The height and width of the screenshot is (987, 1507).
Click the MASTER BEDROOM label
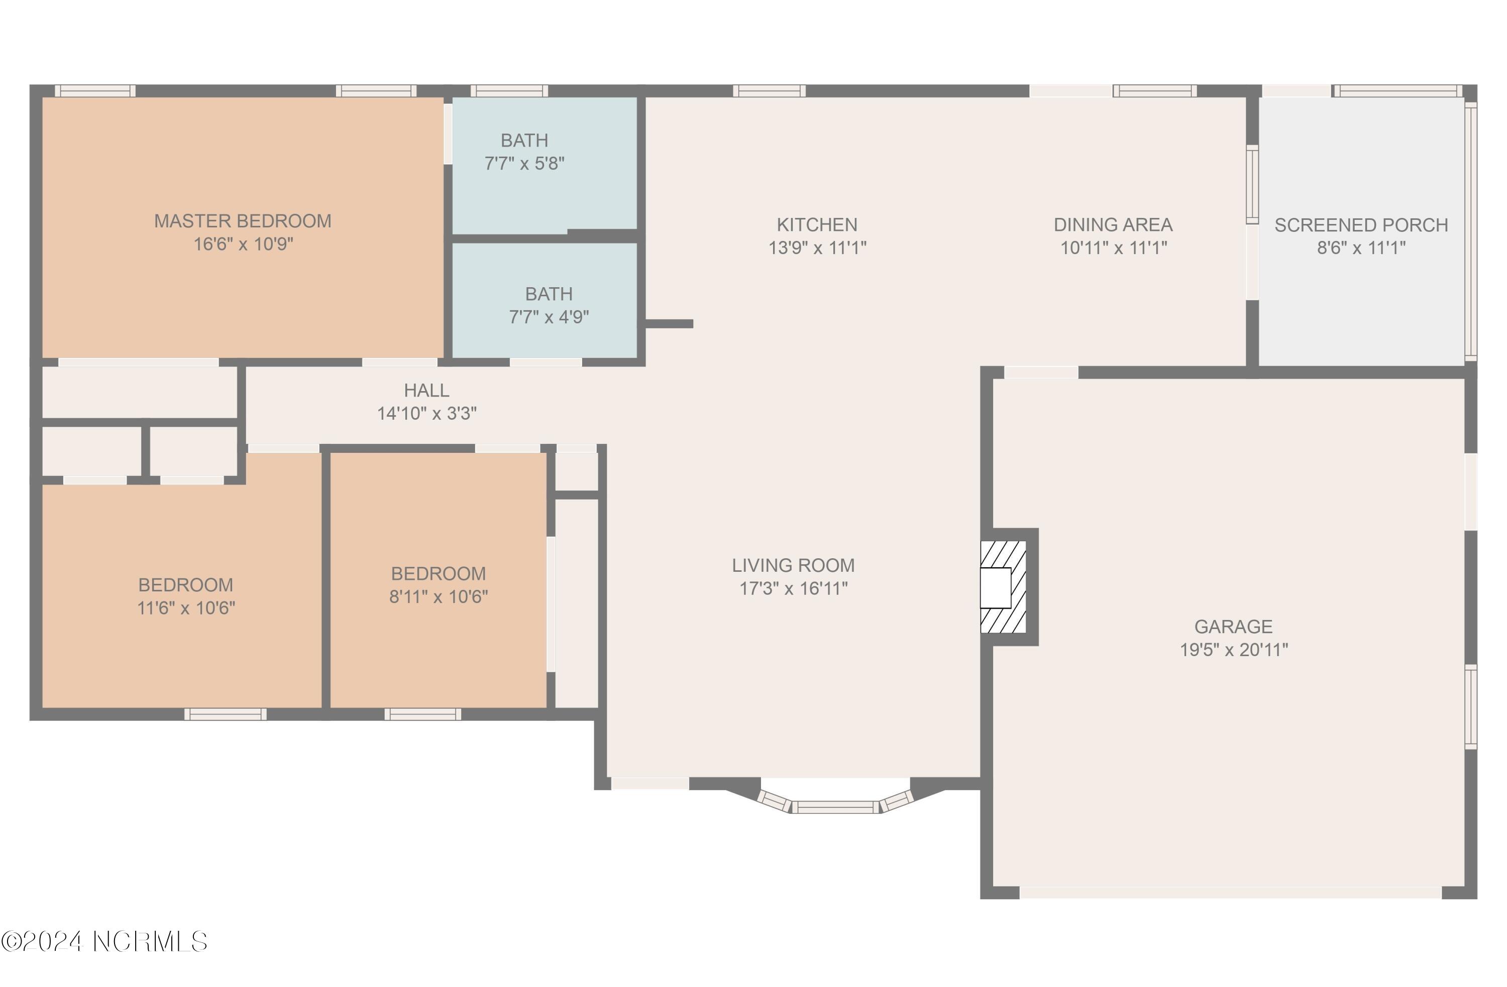(x=243, y=221)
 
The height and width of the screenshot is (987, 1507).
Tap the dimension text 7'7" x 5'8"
(x=524, y=164)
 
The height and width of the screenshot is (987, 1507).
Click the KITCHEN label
(x=817, y=224)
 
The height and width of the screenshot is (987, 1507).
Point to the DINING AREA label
(x=1113, y=224)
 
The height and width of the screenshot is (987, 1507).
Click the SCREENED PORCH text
(x=1361, y=224)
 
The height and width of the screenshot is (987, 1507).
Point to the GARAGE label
(x=1233, y=627)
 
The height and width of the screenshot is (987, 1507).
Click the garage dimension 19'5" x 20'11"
(x=1233, y=650)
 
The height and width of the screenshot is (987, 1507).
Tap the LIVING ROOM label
(x=793, y=565)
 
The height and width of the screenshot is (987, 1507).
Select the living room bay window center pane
(x=835, y=807)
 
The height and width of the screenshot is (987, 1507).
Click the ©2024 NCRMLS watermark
(x=104, y=941)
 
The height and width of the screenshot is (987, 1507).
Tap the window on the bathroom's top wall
(x=509, y=91)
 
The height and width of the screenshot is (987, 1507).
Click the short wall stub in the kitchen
(x=669, y=324)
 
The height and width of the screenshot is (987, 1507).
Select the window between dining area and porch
(x=1252, y=184)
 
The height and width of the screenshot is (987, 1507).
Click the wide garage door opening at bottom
(x=1230, y=892)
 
